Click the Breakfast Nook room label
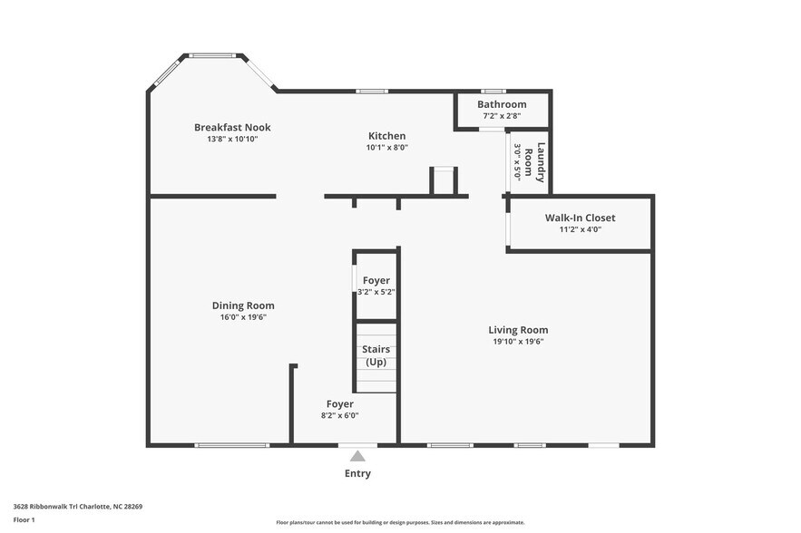[x=232, y=128]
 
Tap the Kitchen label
[x=387, y=136]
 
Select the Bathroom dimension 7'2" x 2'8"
[x=503, y=116]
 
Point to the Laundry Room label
[x=535, y=162]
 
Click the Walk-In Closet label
[x=581, y=218]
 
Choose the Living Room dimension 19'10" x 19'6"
[x=518, y=342]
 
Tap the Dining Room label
[x=243, y=305]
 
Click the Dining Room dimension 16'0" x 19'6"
[x=243, y=317]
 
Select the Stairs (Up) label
[x=376, y=356]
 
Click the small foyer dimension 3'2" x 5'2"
[x=376, y=293]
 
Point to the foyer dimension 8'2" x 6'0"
[x=339, y=415]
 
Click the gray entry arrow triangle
[x=357, y=456]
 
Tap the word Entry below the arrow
[x=357, y=473]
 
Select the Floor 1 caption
[x=24, y=520]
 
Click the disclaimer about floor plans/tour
[x=401, y=522]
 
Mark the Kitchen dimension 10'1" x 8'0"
[x=387, y=148]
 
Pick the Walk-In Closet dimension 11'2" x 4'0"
[x=581, y=229]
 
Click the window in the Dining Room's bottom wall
[x=232, y=446]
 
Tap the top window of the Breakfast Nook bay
[x=212, y=55]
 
